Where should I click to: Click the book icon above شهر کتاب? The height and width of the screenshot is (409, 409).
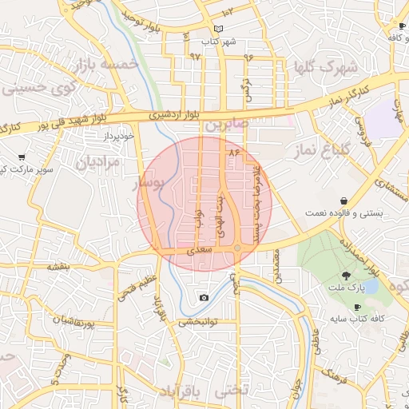(208, 30)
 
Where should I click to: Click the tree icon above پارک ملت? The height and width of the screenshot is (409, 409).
(346, 274)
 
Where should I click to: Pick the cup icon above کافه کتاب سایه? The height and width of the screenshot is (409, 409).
(357, 307)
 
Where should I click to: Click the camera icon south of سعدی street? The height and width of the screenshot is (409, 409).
(204, 297)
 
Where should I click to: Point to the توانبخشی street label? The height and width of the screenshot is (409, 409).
(197, 323)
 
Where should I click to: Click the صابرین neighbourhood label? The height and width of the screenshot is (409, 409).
(228, 126)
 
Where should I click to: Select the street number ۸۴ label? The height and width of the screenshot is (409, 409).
(234, 152)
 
